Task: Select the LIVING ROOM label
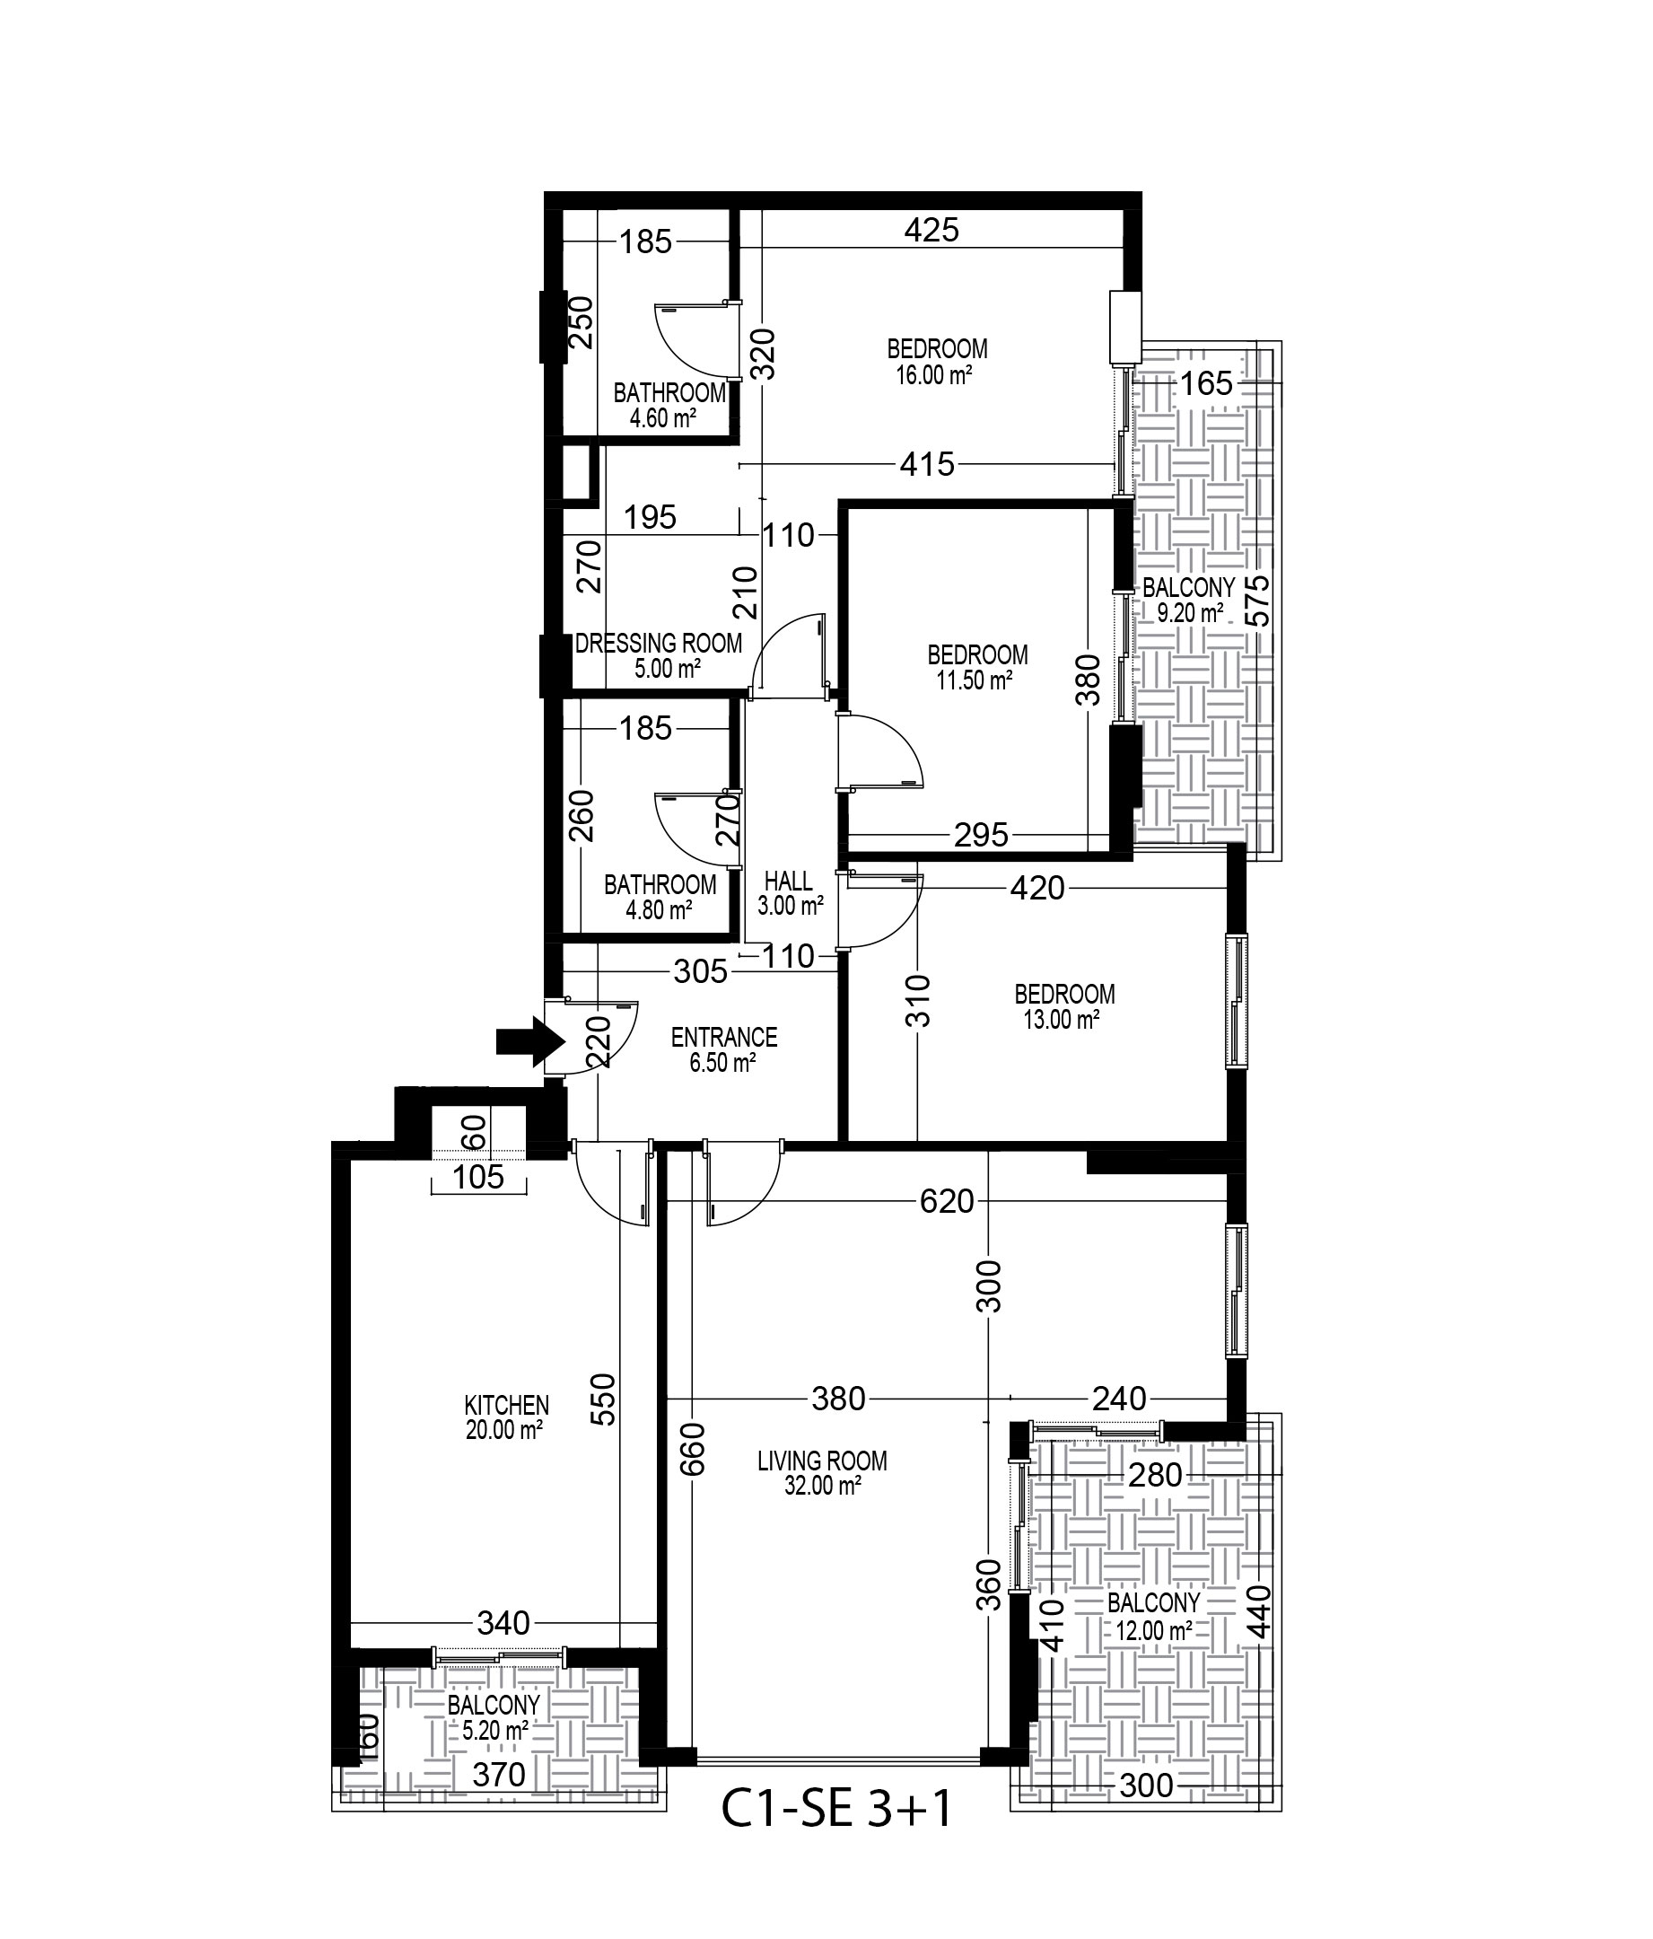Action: pyautogui.click(x=822, y=1461)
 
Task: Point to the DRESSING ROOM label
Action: pyautogui.click(x=659, y=644)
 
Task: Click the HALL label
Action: pyautogui.click(x=789, y=881)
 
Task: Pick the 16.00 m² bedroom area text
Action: pyautogui.click(x=932, y=375)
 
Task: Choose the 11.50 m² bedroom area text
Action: pyautogui.click(x=974, y=680)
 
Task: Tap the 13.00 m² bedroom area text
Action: pyautogui.click(x=1061, y=1019)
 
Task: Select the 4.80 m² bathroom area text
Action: pyautogui.click(x=660, y=908)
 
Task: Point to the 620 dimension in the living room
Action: pyautogui.click(x=947, y=1200)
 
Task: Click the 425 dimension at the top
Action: pyautogui.click(x=931, y=229)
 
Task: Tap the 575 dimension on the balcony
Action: pyautogui.click(x=1259, y=600)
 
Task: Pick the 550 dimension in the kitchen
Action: pyautogui.click(x=605, y=1399)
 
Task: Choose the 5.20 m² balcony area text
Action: pyautogui.click(x=494, y=1732)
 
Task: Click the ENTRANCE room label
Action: pyautogui.click(x=724, y=1037)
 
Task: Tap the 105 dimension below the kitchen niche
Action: pyautogui.click(x=478, y=1177)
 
